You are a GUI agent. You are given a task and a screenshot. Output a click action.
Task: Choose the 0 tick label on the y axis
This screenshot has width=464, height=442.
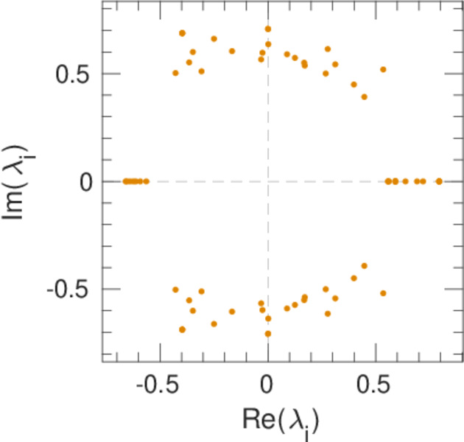coord(86,181)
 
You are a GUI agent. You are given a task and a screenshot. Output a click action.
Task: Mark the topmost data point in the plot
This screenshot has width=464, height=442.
coord(268,29)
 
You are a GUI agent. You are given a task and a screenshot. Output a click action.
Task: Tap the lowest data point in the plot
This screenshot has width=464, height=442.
coord(268,334)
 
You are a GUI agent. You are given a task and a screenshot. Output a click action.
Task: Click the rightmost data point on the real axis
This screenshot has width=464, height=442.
coord(439,180)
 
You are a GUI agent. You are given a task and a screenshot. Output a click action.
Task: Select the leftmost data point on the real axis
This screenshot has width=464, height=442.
coord(126,180)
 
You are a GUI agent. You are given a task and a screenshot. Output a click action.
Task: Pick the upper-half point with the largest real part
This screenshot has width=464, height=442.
coord(383,69)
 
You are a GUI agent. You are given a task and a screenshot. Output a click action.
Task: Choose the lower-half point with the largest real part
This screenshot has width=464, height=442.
coord(383,293)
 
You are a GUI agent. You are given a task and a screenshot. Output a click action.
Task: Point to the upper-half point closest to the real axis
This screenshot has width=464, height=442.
coord(364,97)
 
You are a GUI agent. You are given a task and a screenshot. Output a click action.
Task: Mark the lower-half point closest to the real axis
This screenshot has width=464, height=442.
coord(364,266)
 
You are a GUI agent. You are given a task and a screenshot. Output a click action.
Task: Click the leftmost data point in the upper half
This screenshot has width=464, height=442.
coord(175,73)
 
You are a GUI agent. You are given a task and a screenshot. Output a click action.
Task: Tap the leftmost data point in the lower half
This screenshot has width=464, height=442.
coord(175,290)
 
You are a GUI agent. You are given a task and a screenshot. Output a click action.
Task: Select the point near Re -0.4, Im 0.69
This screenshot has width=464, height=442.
coord(182,33)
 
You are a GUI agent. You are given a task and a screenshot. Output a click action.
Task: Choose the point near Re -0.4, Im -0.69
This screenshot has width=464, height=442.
coord(182,329)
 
